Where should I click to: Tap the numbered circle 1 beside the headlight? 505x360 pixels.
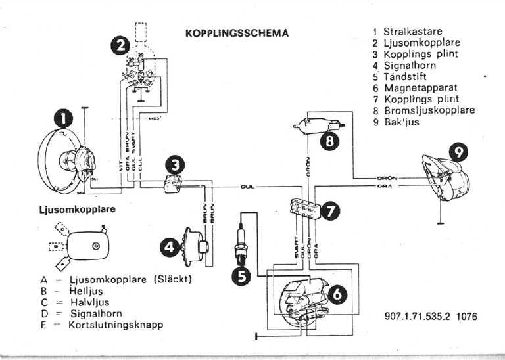tap(63, 118)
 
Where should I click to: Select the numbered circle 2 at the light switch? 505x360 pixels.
tap(119, 45)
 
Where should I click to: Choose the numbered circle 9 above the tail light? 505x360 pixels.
tap(459, 152)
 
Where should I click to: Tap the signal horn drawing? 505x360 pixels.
tap(195, 246)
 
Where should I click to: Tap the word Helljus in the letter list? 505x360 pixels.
tap(89, 290)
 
